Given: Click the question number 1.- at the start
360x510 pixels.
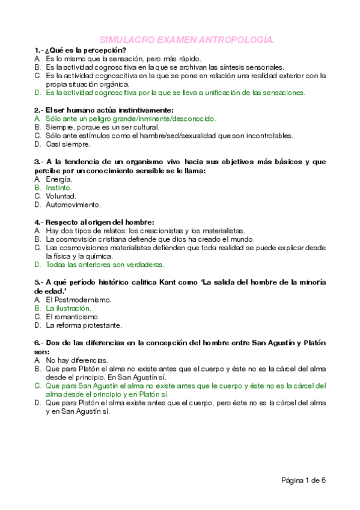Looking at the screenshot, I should point(39,50).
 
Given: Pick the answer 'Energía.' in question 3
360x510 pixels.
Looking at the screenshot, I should point(59,179).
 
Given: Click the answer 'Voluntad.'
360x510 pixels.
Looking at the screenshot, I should point(61,196).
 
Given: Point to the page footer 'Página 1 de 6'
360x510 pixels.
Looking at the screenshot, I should point(304,480).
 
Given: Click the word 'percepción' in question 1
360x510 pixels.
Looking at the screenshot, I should point(106,50).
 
